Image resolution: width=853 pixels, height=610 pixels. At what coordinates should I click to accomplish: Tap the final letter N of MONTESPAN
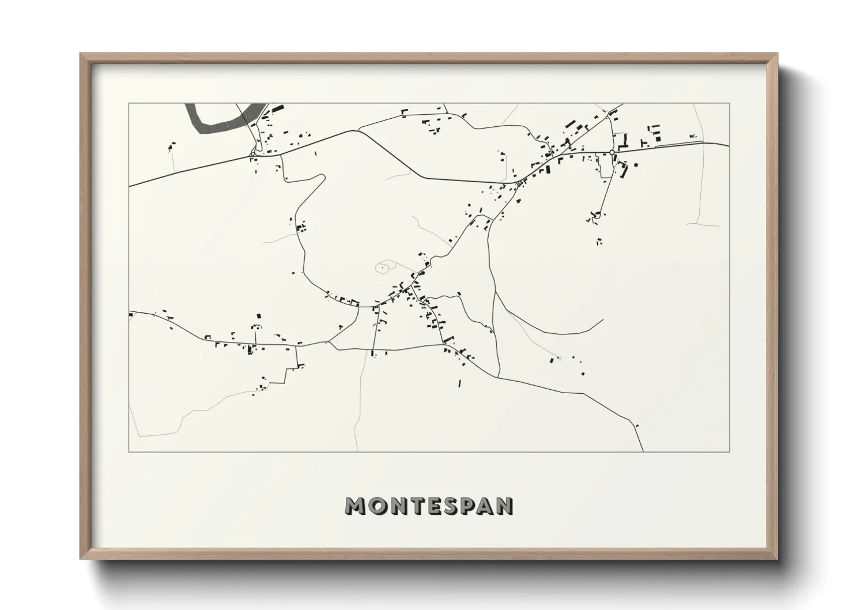coord(505,506)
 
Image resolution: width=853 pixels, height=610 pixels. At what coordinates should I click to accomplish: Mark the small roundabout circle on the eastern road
coord(612,152)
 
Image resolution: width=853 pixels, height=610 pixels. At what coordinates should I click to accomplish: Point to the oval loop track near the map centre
coord(385,267)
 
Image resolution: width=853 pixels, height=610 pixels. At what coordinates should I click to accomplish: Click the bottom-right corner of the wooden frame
coord(777,559)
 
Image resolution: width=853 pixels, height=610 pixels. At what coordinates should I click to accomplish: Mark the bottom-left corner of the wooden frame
coord(81,559)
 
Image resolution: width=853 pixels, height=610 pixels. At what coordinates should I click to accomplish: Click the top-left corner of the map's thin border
coord(129,103)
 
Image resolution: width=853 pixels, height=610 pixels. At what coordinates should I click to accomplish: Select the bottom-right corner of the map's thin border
coord(730,452)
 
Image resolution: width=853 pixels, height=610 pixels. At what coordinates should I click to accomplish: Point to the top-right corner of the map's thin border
coord(730,103)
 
